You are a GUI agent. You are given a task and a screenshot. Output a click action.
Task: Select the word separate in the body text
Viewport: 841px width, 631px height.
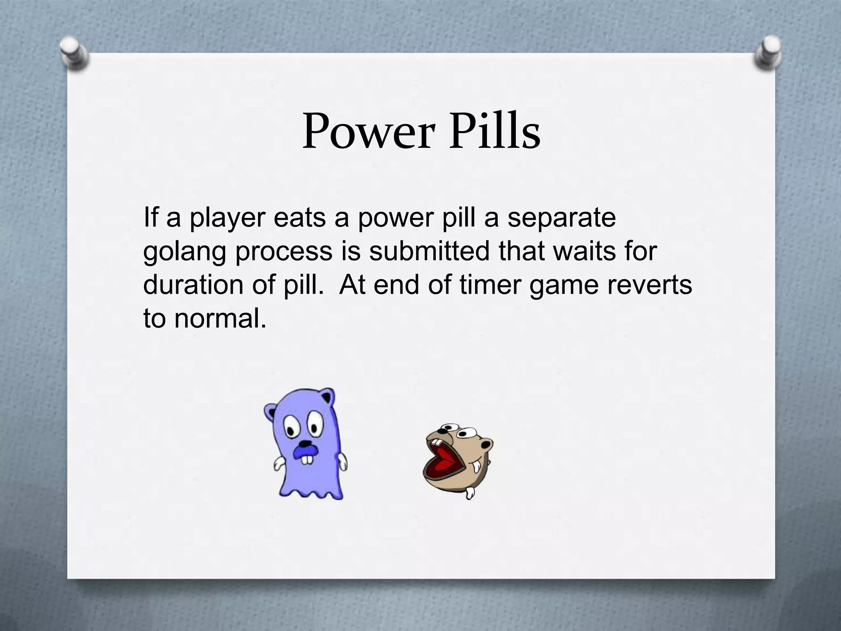pos(561,218)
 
